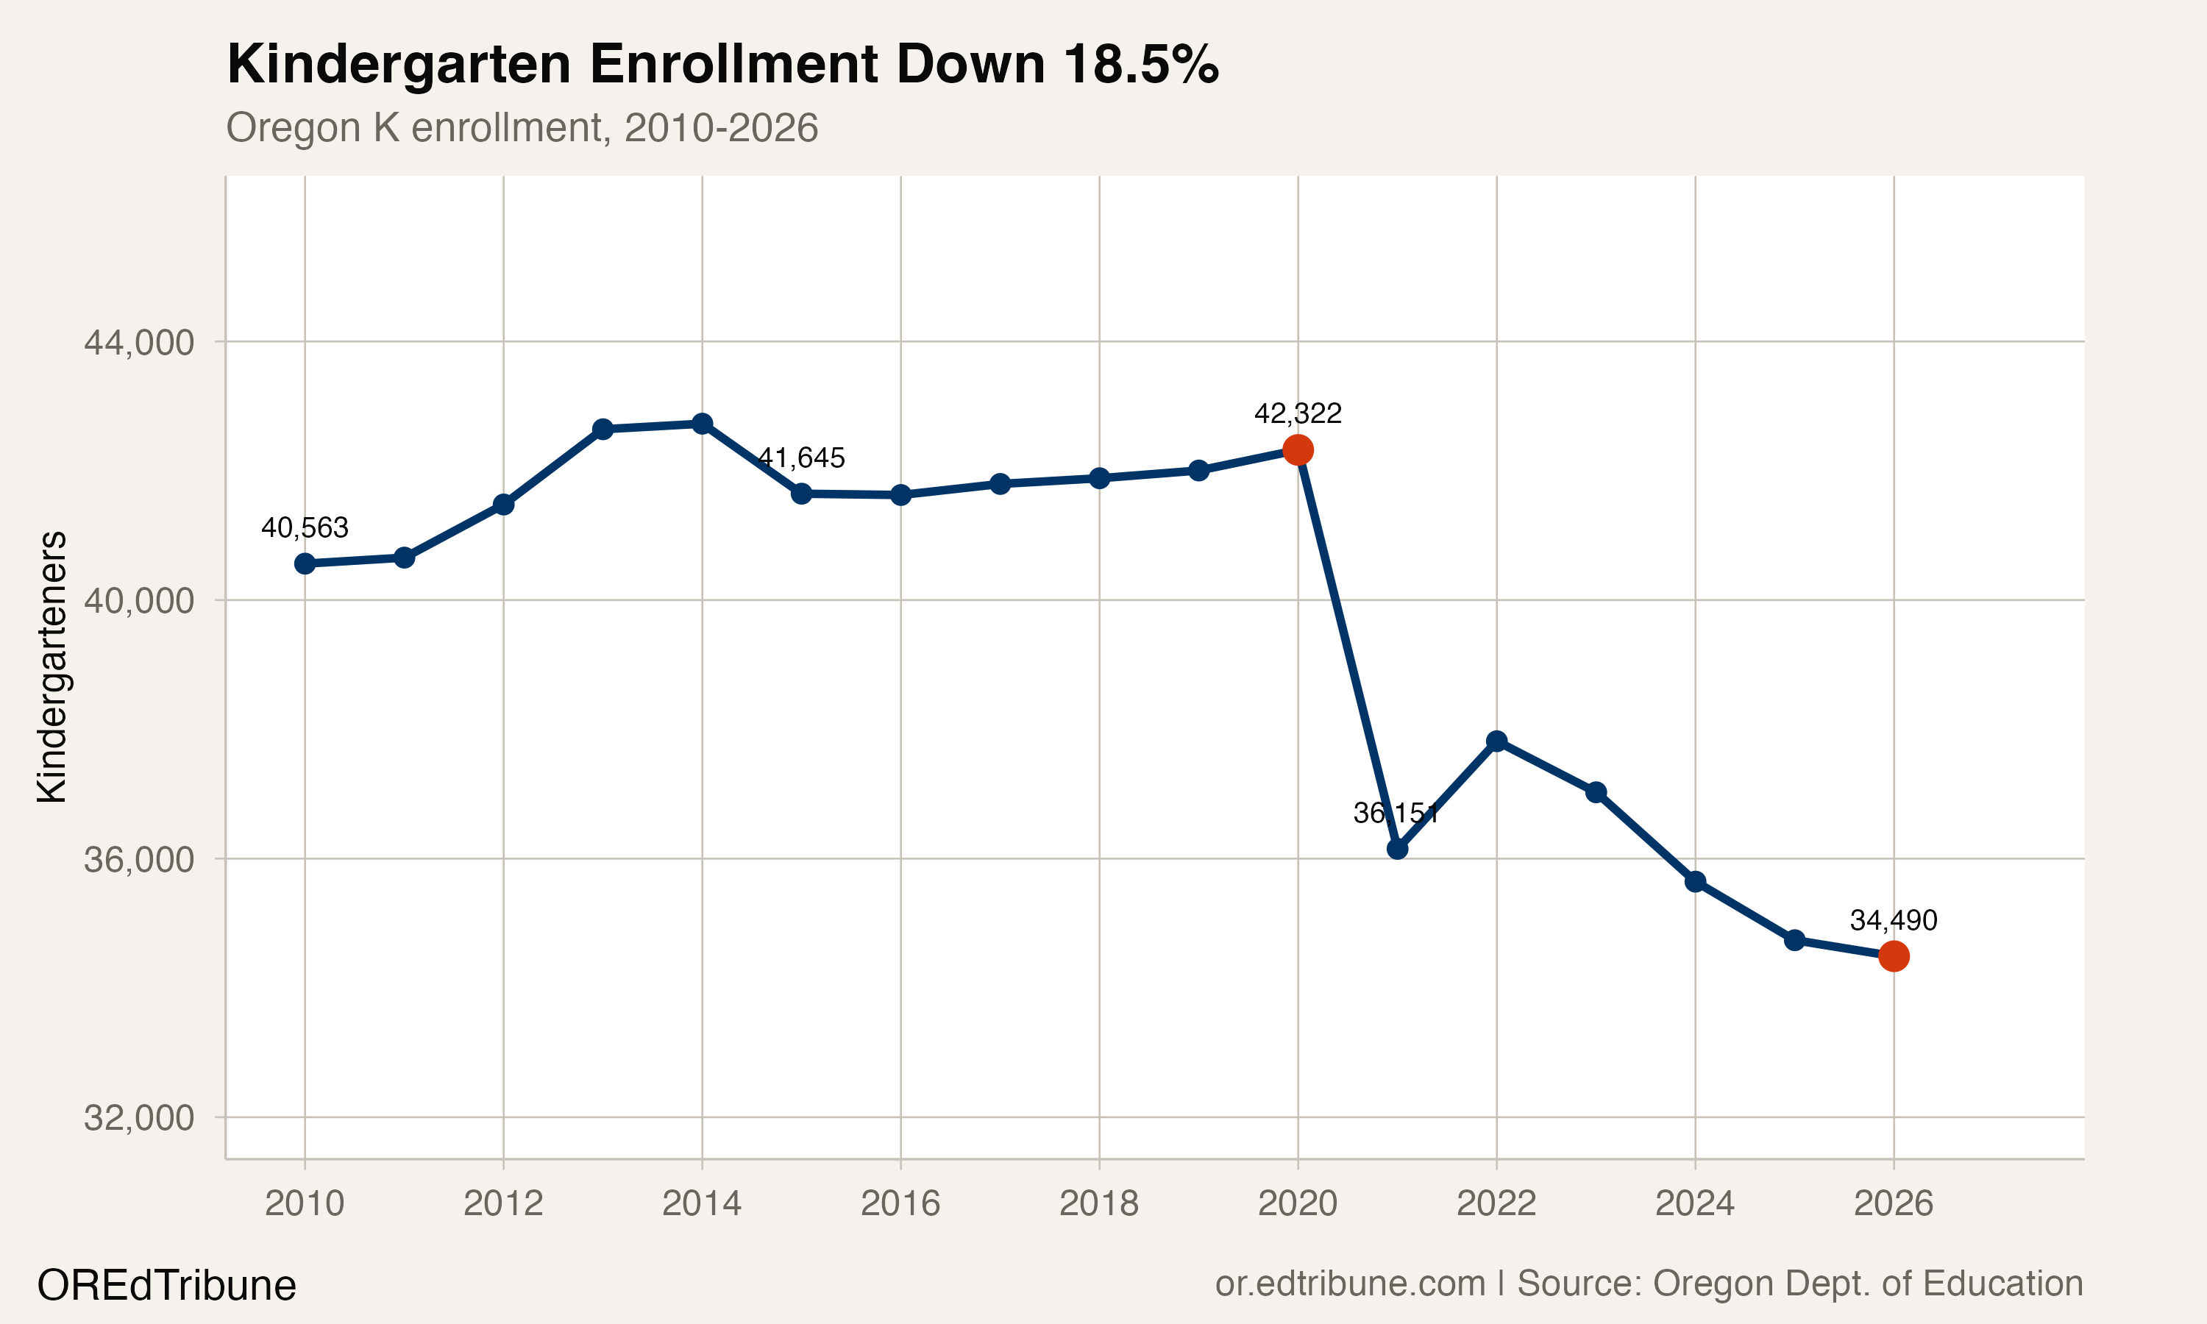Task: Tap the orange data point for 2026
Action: pyautogui.click(x=1893, y=955)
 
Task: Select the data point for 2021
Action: pyautogui.click(x=1397, y=849)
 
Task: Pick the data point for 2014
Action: pyautogui.click(x=702, y=424)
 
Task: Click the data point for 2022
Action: pyautogui.click(x=1497, y=741)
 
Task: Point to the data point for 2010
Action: pyautogui.click(x=305, y=563)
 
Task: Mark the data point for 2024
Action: pyautogui.click(x=1695, y=881)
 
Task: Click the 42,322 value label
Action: pyautogui.click(x=1297, y=413)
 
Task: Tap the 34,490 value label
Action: pyautogui.click(x=1893, y=920)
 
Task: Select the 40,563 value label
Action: pyautogui.click(x=305, y=527)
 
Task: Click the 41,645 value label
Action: pyautogui.click(x=801, y=458)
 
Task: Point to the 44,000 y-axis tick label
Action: pyautogui.click(x=138, y=342)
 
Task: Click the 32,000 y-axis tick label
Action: pyautogui.click(x=138, y=1117)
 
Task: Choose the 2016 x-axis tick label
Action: pyautogui.click(x=900, y=1203)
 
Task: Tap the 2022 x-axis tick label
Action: pyautogui.click(x=1496, y=1203)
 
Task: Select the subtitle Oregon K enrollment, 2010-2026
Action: pyautogui.click(x=522, y=127)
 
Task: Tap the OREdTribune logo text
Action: pyautogui.click(x=167, y=1286)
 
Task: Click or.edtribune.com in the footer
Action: pyautogui.click(x=1350, y=1283)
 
